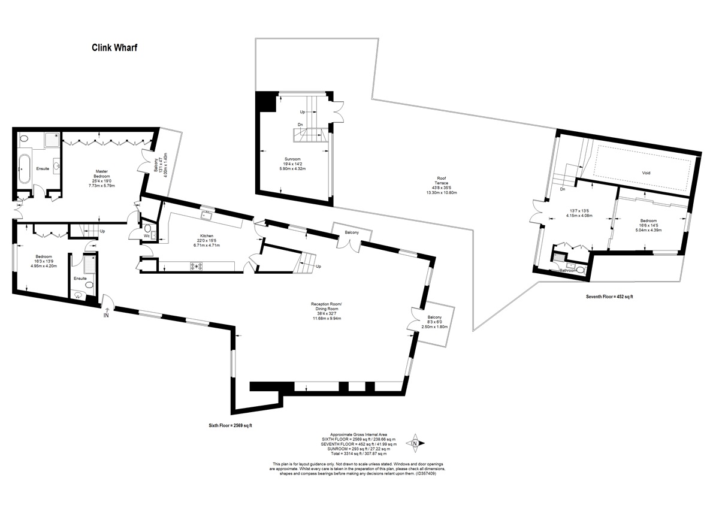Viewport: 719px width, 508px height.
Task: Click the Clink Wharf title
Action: (114, 48)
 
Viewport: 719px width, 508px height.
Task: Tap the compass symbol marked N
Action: (415, 443)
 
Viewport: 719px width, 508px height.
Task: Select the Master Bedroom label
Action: (102, 174)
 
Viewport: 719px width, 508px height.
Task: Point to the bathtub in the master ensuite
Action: (25, 168)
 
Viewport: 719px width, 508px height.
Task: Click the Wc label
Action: (147, 236)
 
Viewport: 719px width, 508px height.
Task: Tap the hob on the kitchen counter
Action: (197, 266)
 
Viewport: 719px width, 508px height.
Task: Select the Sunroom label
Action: (292, 159)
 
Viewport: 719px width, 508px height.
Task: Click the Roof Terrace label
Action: (442, 181)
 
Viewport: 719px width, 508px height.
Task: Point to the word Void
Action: (646, 173)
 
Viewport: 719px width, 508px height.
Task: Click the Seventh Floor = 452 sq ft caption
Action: (609, 297)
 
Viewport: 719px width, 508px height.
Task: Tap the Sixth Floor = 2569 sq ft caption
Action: (231, 425)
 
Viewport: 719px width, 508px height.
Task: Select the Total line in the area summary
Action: (358, 453)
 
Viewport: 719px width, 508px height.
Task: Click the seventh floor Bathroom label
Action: (568, 271)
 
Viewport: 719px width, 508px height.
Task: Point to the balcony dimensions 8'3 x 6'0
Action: (434, 322)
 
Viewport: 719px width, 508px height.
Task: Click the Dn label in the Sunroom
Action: (300, 125)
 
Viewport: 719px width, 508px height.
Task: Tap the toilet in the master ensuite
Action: (23, 139)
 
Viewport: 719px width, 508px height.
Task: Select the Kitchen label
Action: (207, 236)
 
